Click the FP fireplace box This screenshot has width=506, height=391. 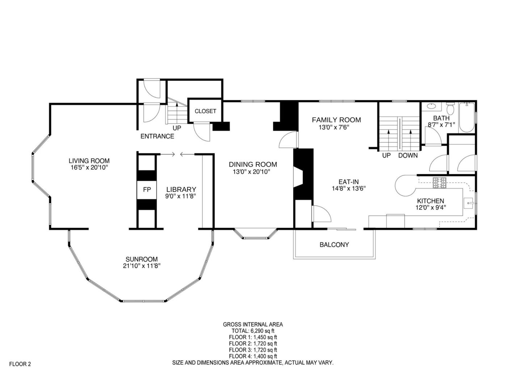click(x=147, y=190)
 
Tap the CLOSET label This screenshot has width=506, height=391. click(x=205, y=111)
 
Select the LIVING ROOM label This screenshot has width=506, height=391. click(x=89, y=161)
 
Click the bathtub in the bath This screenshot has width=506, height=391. click(x=467, y=118)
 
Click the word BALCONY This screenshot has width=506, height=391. click(x=334, y=245)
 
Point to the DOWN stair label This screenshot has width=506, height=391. click(x=408, y=156)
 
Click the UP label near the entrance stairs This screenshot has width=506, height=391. click(x=177, y=128)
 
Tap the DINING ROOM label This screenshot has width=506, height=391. click(x=253, y=164)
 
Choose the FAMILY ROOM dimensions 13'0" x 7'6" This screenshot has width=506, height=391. click(x=334, y=127)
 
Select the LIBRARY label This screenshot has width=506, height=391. click(x=181, y=189)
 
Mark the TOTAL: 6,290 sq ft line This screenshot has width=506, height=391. click(x=253, y=331)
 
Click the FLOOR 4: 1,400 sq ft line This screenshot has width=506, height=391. click(x=253, y=356)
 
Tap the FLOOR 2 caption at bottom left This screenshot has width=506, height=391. click(x=20, y=364)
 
